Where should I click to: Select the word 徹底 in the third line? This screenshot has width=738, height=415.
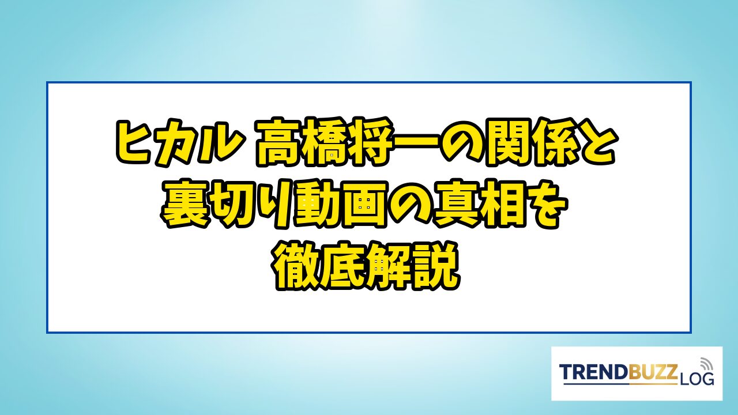coord(319,266)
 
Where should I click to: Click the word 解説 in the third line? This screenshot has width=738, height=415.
coord(413,266)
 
